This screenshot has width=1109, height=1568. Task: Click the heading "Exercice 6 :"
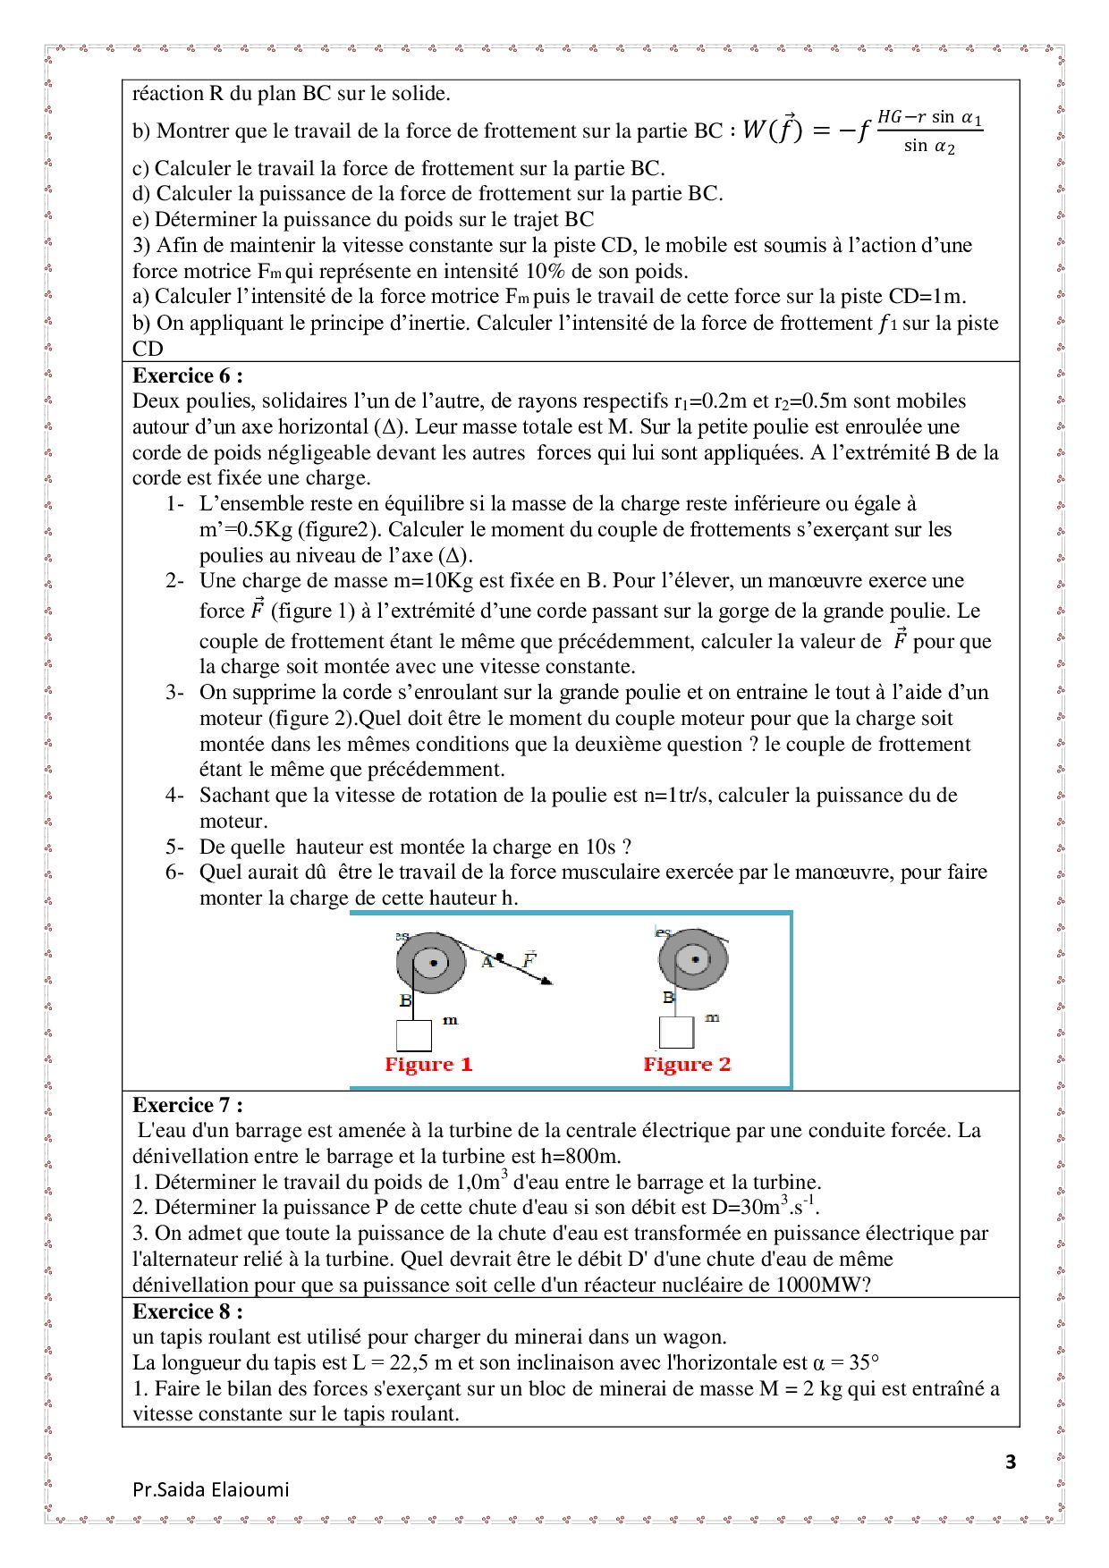187,375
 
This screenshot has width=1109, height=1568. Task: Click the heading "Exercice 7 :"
187,1105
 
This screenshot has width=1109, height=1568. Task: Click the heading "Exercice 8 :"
187,1311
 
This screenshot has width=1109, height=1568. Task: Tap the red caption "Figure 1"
428,1064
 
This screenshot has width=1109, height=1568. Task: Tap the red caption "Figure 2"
687,1064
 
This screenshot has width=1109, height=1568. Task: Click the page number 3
1011,1463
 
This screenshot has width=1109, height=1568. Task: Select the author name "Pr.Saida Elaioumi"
211,1489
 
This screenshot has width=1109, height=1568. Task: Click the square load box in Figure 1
414,1035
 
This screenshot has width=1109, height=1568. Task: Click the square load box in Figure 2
676,1033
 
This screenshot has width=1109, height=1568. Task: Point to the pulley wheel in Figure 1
432,963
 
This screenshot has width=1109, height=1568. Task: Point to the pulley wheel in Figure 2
693,959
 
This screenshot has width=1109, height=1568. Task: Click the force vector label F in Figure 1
529,959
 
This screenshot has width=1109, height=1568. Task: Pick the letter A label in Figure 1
487,962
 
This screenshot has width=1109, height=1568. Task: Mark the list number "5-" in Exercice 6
174,847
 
